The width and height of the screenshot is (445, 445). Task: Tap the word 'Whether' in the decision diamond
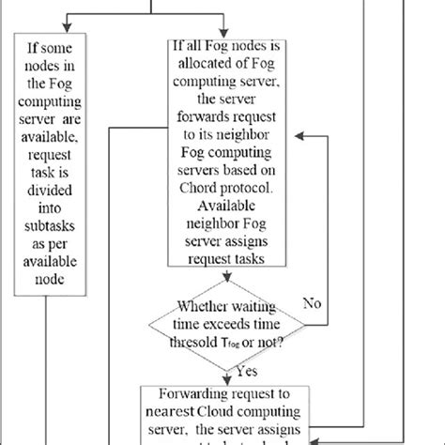tap(199, 304)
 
